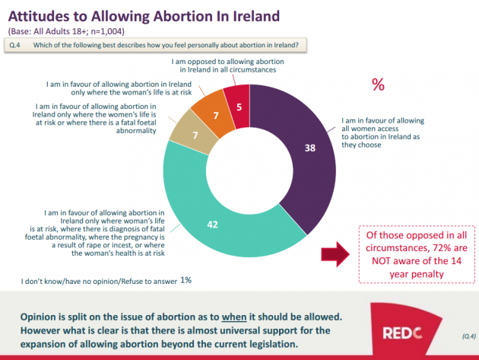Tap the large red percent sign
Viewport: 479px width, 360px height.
(x=377, y=84)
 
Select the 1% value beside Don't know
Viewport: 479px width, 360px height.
(x=186, y=280)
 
